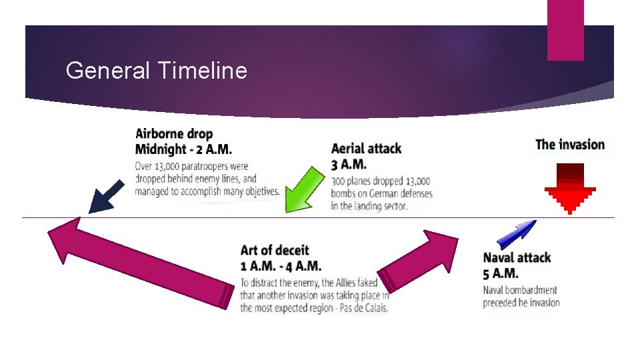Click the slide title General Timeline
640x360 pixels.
pos(157,70)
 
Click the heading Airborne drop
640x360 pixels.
pos(174,134)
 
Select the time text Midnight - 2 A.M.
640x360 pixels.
pos(183,149)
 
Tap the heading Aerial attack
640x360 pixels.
pos(366,148)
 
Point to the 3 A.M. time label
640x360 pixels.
pos(348,164)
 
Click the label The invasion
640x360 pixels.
pos(570,145)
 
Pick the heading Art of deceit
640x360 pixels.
pos(275,250)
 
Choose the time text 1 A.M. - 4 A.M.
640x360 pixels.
pos(281,265)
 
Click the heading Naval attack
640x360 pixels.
pos(517,257)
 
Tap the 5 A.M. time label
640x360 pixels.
pos(501,273)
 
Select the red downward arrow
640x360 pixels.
pos(569,189)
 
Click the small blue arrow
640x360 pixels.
pos(517,234)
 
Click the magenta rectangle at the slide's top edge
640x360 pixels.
pos(565,30)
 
